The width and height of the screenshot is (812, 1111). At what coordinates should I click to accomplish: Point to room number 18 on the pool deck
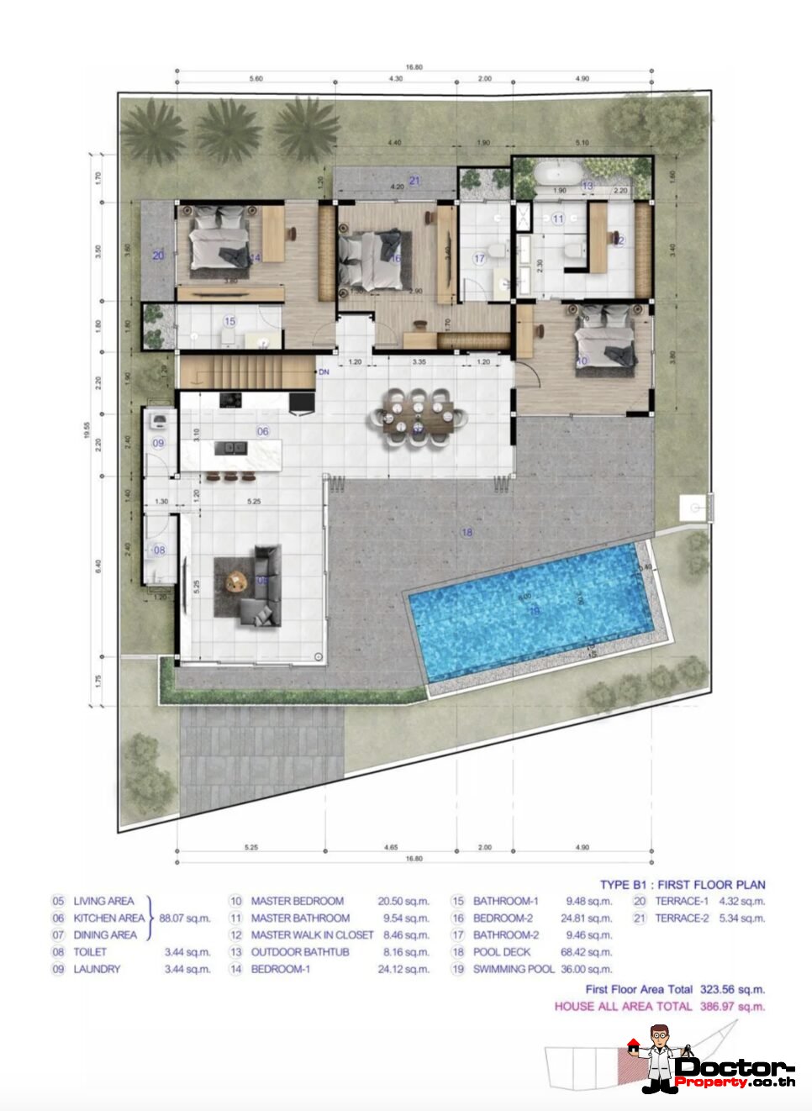coord(467,532)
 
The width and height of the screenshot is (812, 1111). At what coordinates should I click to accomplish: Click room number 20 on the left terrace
coord(158,255)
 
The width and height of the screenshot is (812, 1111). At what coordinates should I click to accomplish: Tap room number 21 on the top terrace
coord(414,181)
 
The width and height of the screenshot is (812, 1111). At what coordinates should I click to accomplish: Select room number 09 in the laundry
coord(158,443)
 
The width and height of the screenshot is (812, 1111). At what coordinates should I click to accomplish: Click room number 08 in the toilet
coord(159,550)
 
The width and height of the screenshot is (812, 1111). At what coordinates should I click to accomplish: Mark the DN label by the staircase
coord(324,371)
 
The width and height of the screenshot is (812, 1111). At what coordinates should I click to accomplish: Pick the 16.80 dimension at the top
coord(414,67)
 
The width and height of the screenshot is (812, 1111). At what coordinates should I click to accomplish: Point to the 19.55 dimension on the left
coord(87,429)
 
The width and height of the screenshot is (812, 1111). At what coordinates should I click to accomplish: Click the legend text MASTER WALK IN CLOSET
coord(312,935)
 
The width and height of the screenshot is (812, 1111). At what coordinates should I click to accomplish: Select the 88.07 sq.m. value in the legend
coord(185,918)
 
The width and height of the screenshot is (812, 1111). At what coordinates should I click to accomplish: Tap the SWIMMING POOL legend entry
coord(514,969)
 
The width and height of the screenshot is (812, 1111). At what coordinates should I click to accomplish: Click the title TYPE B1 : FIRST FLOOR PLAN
coord(682,884)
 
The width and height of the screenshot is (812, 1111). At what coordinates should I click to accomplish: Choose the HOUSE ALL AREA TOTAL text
coord(623,1006)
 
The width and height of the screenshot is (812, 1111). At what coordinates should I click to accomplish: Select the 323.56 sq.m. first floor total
coord(732,989)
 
